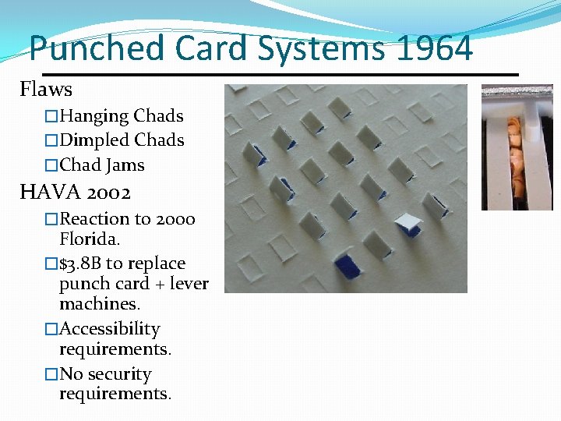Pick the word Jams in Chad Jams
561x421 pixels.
point(125,165)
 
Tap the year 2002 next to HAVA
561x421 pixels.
point(109,192)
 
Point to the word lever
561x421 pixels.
point(187,284)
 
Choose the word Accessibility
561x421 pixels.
point(110,329)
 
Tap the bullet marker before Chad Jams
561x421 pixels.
point(51,165)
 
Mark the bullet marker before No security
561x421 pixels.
point(51,374)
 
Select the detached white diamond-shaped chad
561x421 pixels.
point(408,224)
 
